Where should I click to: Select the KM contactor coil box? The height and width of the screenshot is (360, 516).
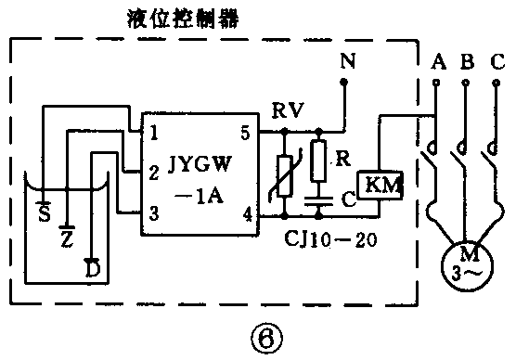tap(381, 185)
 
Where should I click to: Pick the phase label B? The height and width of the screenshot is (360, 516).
tap(467, 63)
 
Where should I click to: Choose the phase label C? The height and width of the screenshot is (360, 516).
tap(497, 63)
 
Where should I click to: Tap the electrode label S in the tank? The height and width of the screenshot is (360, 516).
tap(43, 215)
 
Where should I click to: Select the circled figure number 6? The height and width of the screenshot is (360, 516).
tap(257, 332)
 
